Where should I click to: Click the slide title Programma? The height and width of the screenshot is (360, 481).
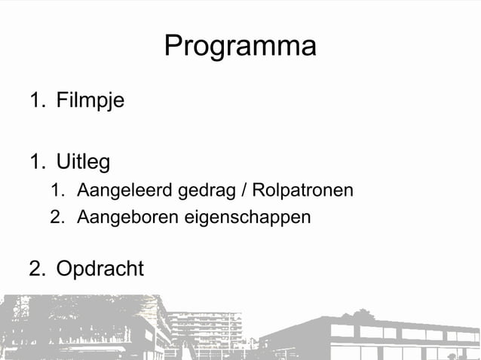point(240,47)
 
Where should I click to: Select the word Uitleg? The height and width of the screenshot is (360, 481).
point(83,163)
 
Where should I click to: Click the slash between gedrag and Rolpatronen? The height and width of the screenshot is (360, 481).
point(244,191)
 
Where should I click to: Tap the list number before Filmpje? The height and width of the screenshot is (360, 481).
point(36,100)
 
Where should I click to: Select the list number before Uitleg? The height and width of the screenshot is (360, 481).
point(36,162)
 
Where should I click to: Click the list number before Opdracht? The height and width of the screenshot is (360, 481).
point(36,269)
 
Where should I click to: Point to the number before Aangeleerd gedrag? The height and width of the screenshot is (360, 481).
point(57,191)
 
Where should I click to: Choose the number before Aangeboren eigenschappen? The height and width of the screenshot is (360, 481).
point(57,218)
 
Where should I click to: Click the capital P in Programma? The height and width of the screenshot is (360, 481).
point(173,47)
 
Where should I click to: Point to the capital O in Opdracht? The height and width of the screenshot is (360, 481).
point(65,269)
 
